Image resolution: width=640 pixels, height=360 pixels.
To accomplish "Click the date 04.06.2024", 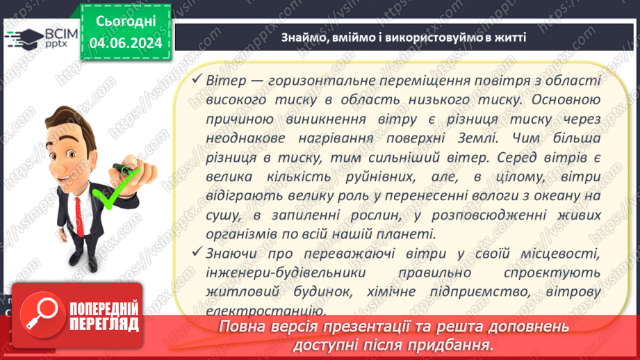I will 125,42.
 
